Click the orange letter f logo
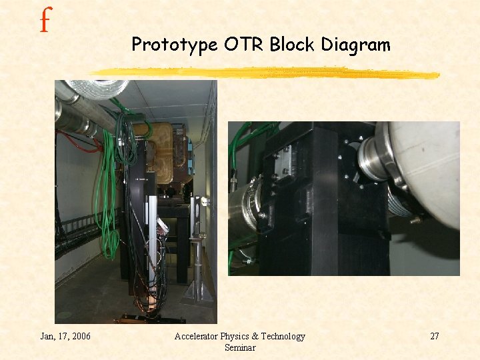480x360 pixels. (x=45, y=21)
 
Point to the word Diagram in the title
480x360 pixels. (x=356, y=45)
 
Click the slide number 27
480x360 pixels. (x=434, y=336)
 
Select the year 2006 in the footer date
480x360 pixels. (x=80, y=336)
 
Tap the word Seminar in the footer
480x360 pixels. (x=240, y=347)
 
